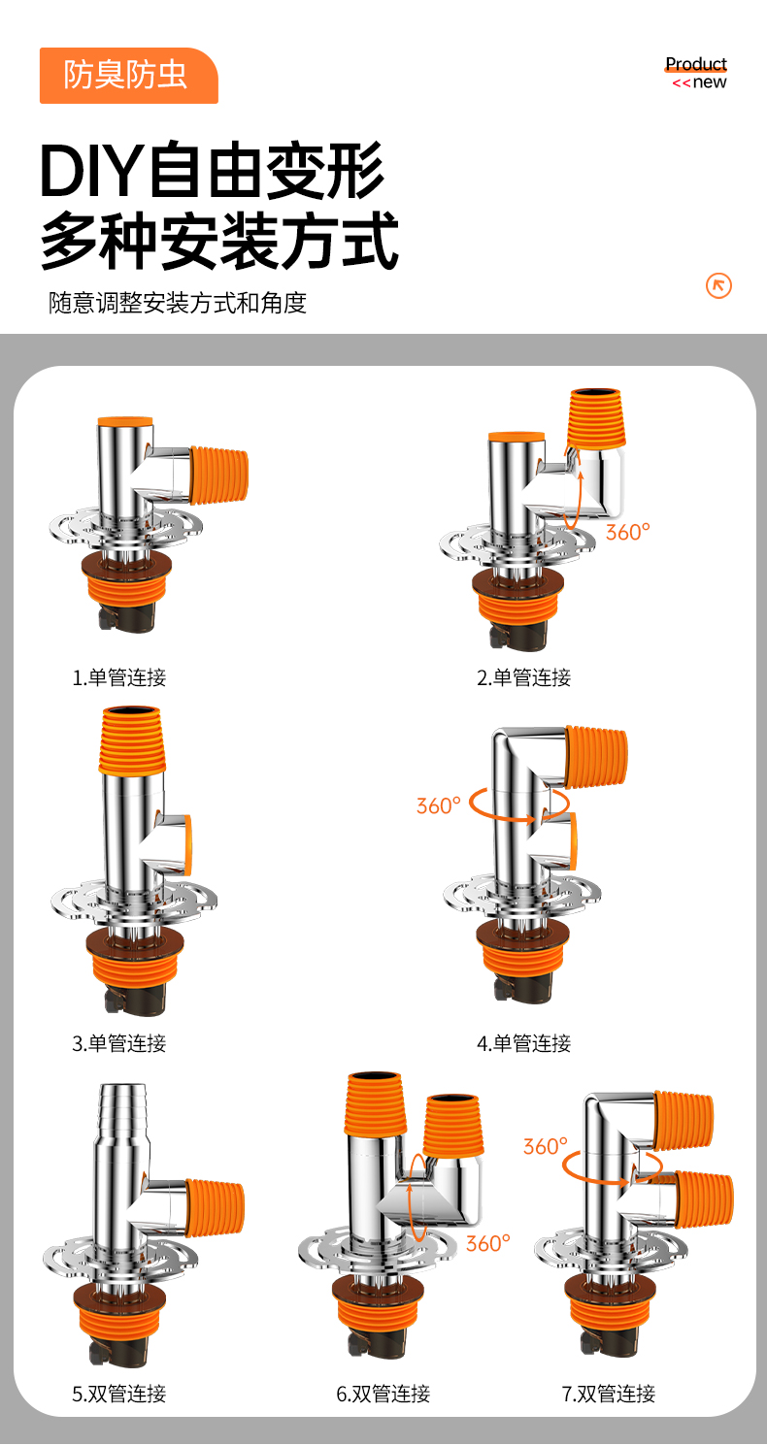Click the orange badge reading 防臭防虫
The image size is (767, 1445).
[x=128, y=76]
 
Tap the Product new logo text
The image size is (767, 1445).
[x=697, y=73]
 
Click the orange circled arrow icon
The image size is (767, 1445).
[x=718, y=285]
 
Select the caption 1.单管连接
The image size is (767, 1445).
[x=118, y=678]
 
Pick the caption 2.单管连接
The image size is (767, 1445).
[x=523, y=678]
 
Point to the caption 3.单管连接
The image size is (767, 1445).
[x=118, y=1043]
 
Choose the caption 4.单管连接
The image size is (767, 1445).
[x=523, y=1043]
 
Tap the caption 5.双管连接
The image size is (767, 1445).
[x=118, y=1394]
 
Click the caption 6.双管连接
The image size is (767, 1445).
[x=383, y=1394]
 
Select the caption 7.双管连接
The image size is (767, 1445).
[x=608, y=1394]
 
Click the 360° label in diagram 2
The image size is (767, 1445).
[x=627, y=532]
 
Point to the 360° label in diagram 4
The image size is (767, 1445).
[x=439, y=805]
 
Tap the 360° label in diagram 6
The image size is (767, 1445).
[x=488, y=1243]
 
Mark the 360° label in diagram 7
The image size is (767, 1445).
[x=545, y=1146]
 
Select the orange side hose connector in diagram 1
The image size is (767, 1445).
[x=218, y=476]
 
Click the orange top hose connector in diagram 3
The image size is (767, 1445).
[x=132, y=740]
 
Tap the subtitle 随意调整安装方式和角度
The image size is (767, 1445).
[x=178, y=303]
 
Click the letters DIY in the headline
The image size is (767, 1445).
[x=91, y=171]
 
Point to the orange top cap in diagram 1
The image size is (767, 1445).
[x=125, y=421]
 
